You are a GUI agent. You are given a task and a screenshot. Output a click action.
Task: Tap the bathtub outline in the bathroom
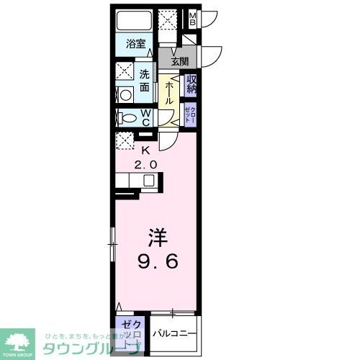click(x=134, y=20)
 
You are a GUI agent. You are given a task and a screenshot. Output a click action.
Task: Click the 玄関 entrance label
click(x=179, y=61)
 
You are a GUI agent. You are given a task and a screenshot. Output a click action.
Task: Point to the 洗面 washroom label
click(x=145, y=79)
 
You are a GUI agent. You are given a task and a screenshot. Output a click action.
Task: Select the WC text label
click(x=145, y=117)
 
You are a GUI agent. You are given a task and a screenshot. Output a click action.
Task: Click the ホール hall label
click(x=167, y=92)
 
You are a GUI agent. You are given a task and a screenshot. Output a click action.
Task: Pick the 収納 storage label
click(x=191, y=84)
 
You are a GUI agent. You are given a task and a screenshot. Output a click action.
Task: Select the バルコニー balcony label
click(x=173, y=333)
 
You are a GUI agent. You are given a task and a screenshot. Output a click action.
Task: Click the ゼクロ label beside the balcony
click(x=130, y=332)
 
